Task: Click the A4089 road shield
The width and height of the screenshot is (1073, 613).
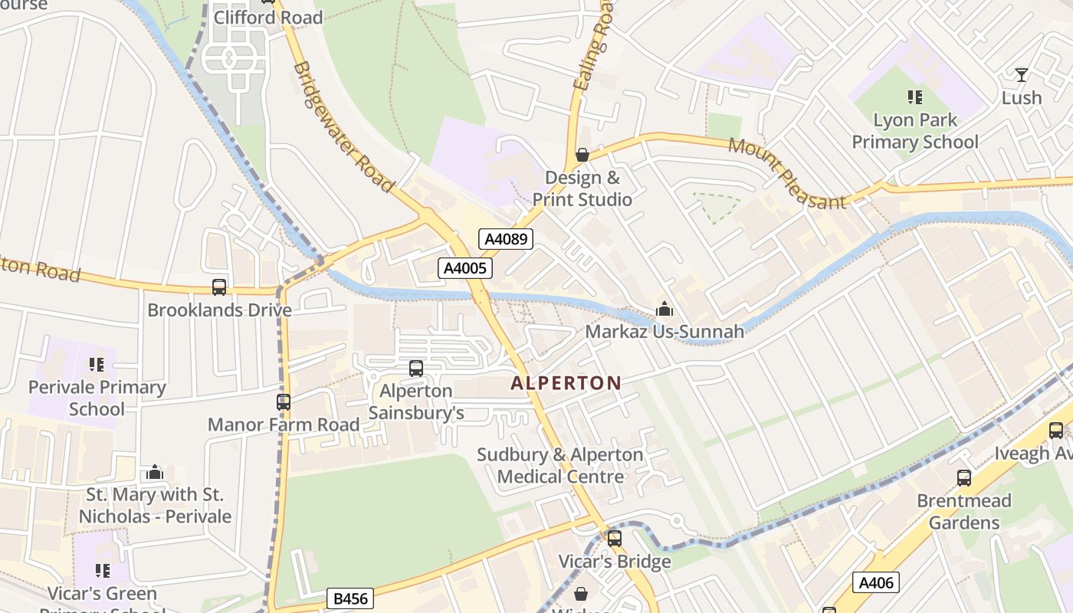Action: [506, 239]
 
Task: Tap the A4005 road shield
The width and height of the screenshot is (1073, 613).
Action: [464, 268]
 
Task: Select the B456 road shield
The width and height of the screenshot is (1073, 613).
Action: [349, 598]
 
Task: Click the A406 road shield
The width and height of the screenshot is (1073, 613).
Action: [876, 582]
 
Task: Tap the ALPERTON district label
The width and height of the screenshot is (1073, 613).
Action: [566, 382]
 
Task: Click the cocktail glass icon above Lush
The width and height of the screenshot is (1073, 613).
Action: [1021, 75]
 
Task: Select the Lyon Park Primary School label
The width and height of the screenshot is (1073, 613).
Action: [915, 131]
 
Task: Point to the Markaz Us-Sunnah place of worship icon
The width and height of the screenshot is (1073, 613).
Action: [664, 309]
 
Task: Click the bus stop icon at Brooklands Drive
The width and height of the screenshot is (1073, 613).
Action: [219, 287]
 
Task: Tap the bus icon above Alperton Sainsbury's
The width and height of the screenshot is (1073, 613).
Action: [416, 369]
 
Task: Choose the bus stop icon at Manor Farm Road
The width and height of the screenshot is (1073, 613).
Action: [284, 402]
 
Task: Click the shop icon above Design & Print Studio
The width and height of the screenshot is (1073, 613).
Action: [582, 156]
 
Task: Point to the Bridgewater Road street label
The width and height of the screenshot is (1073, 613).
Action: [343, 127]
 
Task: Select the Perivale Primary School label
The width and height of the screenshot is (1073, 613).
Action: [97, 398]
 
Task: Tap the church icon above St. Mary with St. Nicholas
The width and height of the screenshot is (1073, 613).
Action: [155, 472]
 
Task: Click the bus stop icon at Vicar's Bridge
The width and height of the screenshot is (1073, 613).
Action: [615, 539]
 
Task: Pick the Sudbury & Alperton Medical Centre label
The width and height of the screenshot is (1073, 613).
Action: [560, 466]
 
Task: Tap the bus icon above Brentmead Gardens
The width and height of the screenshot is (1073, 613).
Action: [964, 478]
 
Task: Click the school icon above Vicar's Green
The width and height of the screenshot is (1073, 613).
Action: [102, 571]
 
